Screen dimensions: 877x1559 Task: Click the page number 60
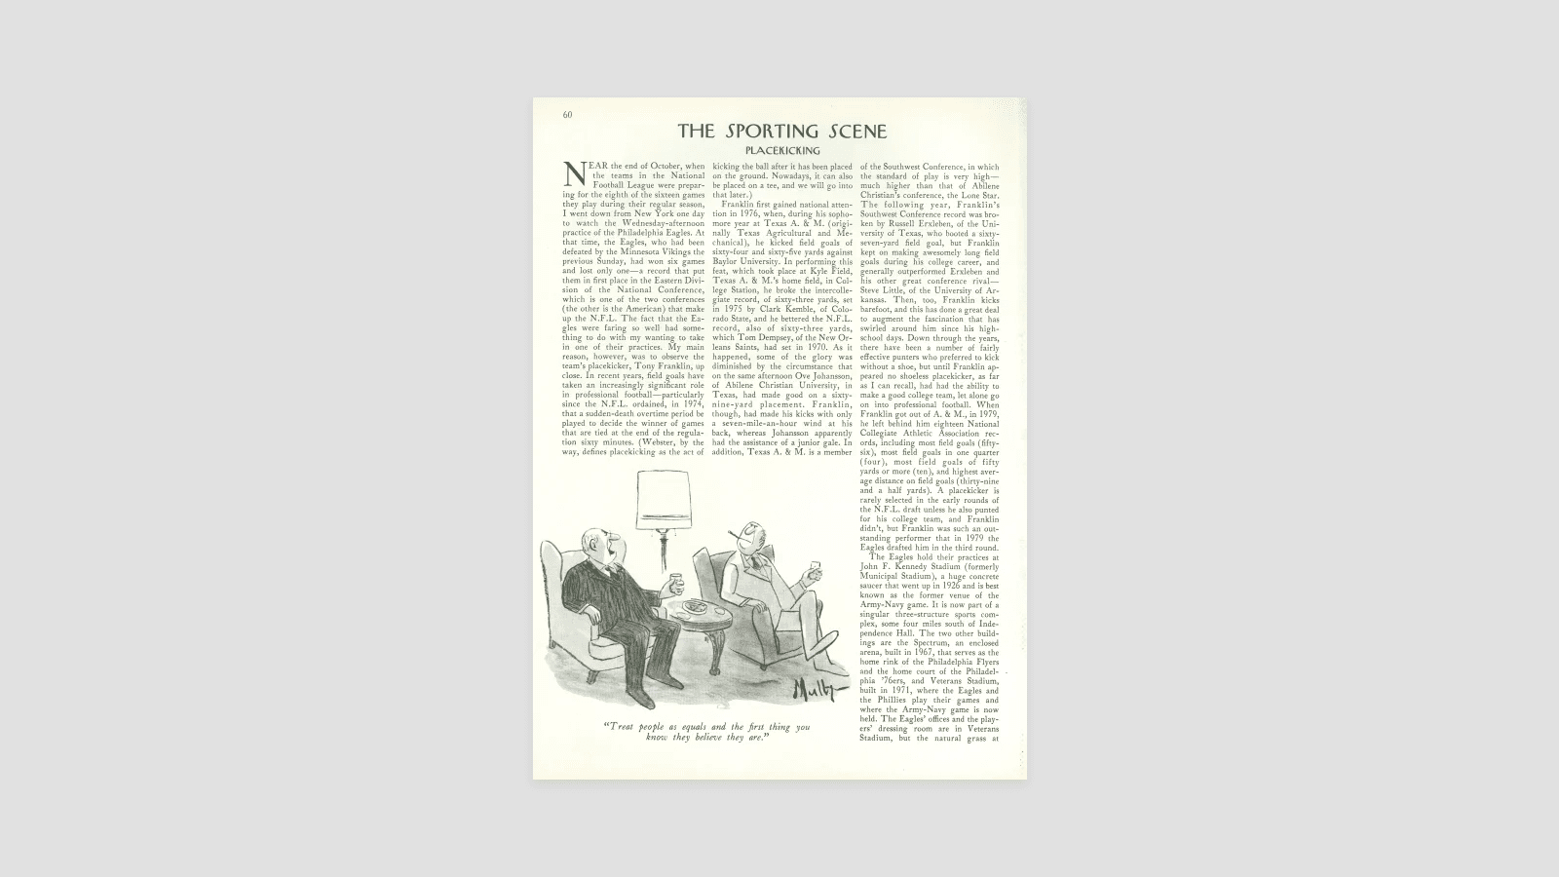click(567, 115)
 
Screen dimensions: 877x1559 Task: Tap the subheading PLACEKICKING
click(782, 151)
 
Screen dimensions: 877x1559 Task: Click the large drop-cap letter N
click(574, 174)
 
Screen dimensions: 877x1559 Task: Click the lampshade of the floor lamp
click(663, 500)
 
